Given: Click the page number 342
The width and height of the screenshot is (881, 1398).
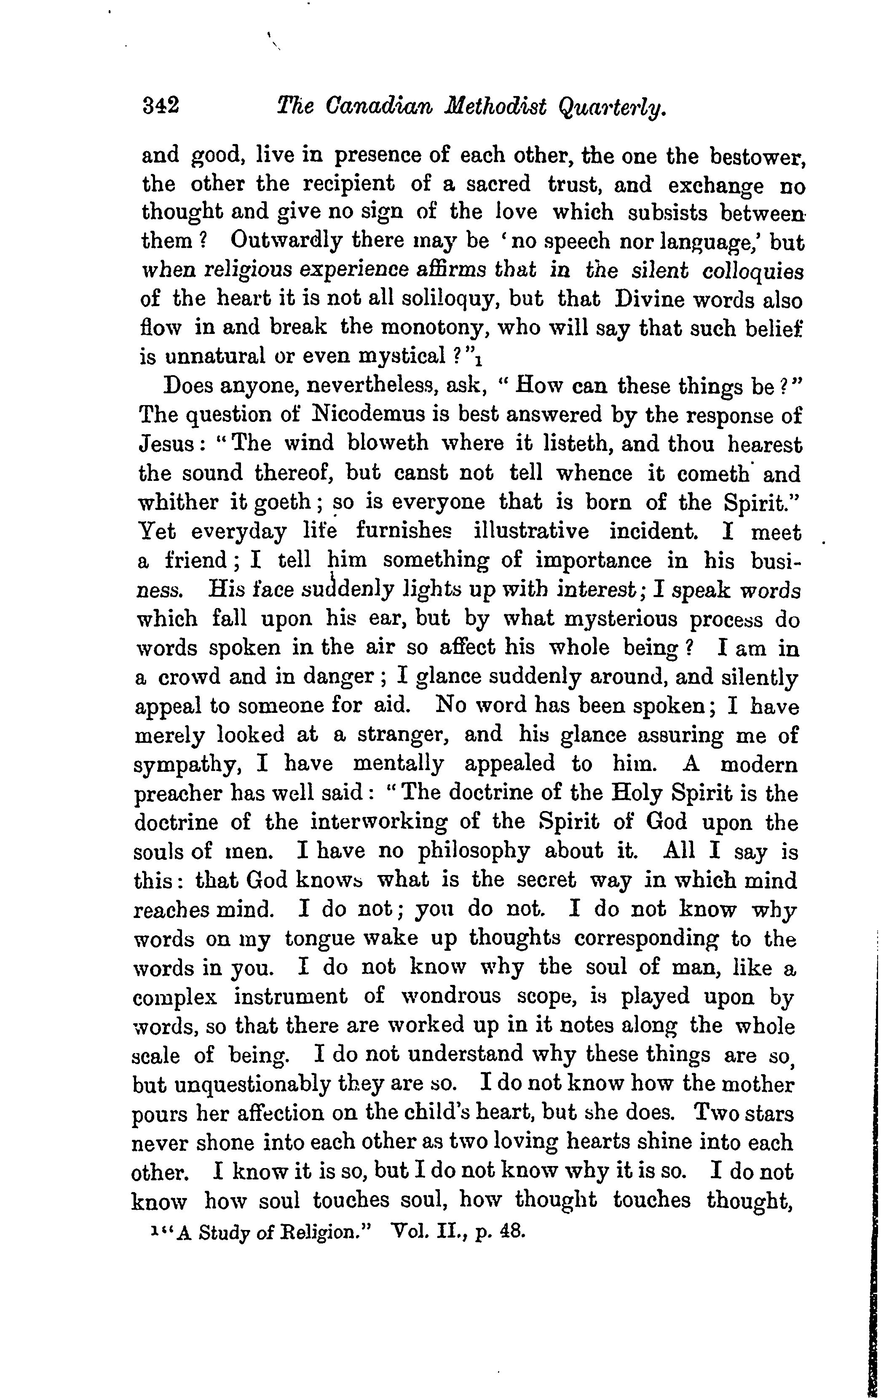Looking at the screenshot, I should [x=161, y=106].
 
